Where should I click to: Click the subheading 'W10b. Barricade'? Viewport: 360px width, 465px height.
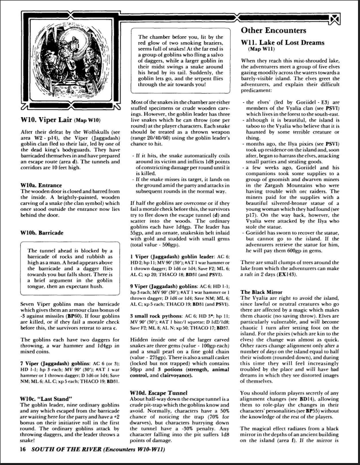point(42,232)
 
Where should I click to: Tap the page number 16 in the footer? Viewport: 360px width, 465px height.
point(23,449)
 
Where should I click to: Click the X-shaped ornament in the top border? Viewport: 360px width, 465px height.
point(335,20)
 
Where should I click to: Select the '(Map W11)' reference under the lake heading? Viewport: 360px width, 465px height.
point(262,49)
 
